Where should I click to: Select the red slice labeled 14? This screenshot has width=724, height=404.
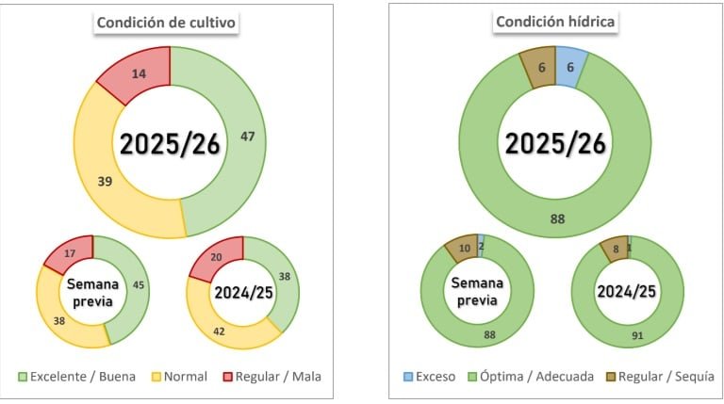tap(139, 72)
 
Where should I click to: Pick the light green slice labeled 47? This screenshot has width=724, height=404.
tap(247, 137)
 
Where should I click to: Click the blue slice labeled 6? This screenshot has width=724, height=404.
tap(571, 67)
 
